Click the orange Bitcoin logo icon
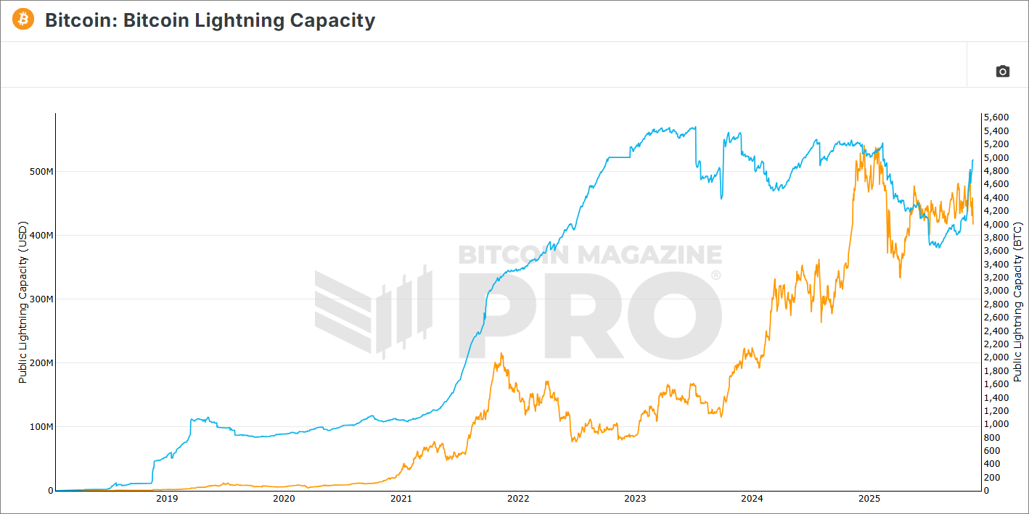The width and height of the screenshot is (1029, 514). pos(23,20)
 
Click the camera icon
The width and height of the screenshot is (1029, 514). pos(1002,71)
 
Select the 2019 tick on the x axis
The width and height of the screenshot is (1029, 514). pos(167,499)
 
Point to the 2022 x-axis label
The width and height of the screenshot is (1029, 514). pos(518,499)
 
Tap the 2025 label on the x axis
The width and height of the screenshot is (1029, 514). pos(869,499)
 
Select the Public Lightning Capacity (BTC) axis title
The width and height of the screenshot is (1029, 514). pos(1017,302)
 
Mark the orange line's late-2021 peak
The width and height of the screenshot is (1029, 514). pos(501,354)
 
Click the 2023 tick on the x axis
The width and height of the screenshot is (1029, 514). pos(635,499)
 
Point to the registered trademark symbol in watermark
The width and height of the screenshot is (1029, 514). pos(716,275)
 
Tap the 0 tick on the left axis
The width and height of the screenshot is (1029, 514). pos(50,491)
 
